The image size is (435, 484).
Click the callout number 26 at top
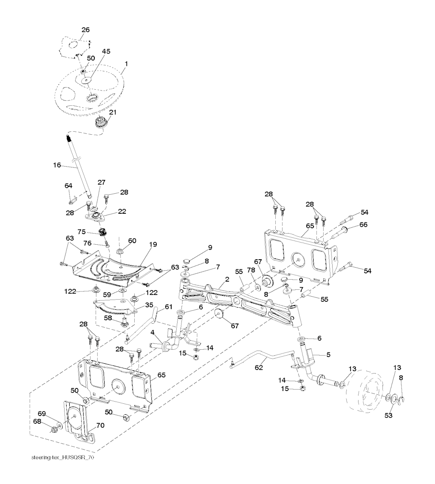click(85, 30)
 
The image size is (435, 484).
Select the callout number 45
click(106, 51)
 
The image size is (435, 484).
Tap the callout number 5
click(328, 354)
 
